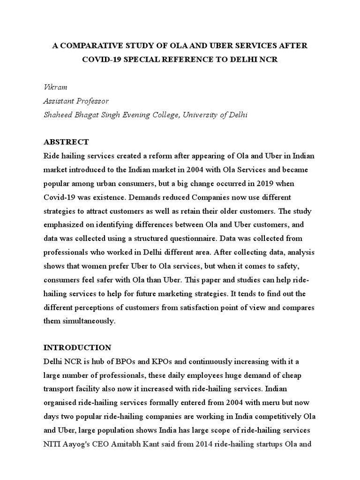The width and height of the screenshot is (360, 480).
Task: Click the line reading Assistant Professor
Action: pyautogui.click(x=76, y=101)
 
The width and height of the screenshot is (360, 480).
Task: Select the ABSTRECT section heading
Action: pyautogui.click(x=66, y=142)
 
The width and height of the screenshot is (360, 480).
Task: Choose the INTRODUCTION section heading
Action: pyautogui.click(x=77, y=348)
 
